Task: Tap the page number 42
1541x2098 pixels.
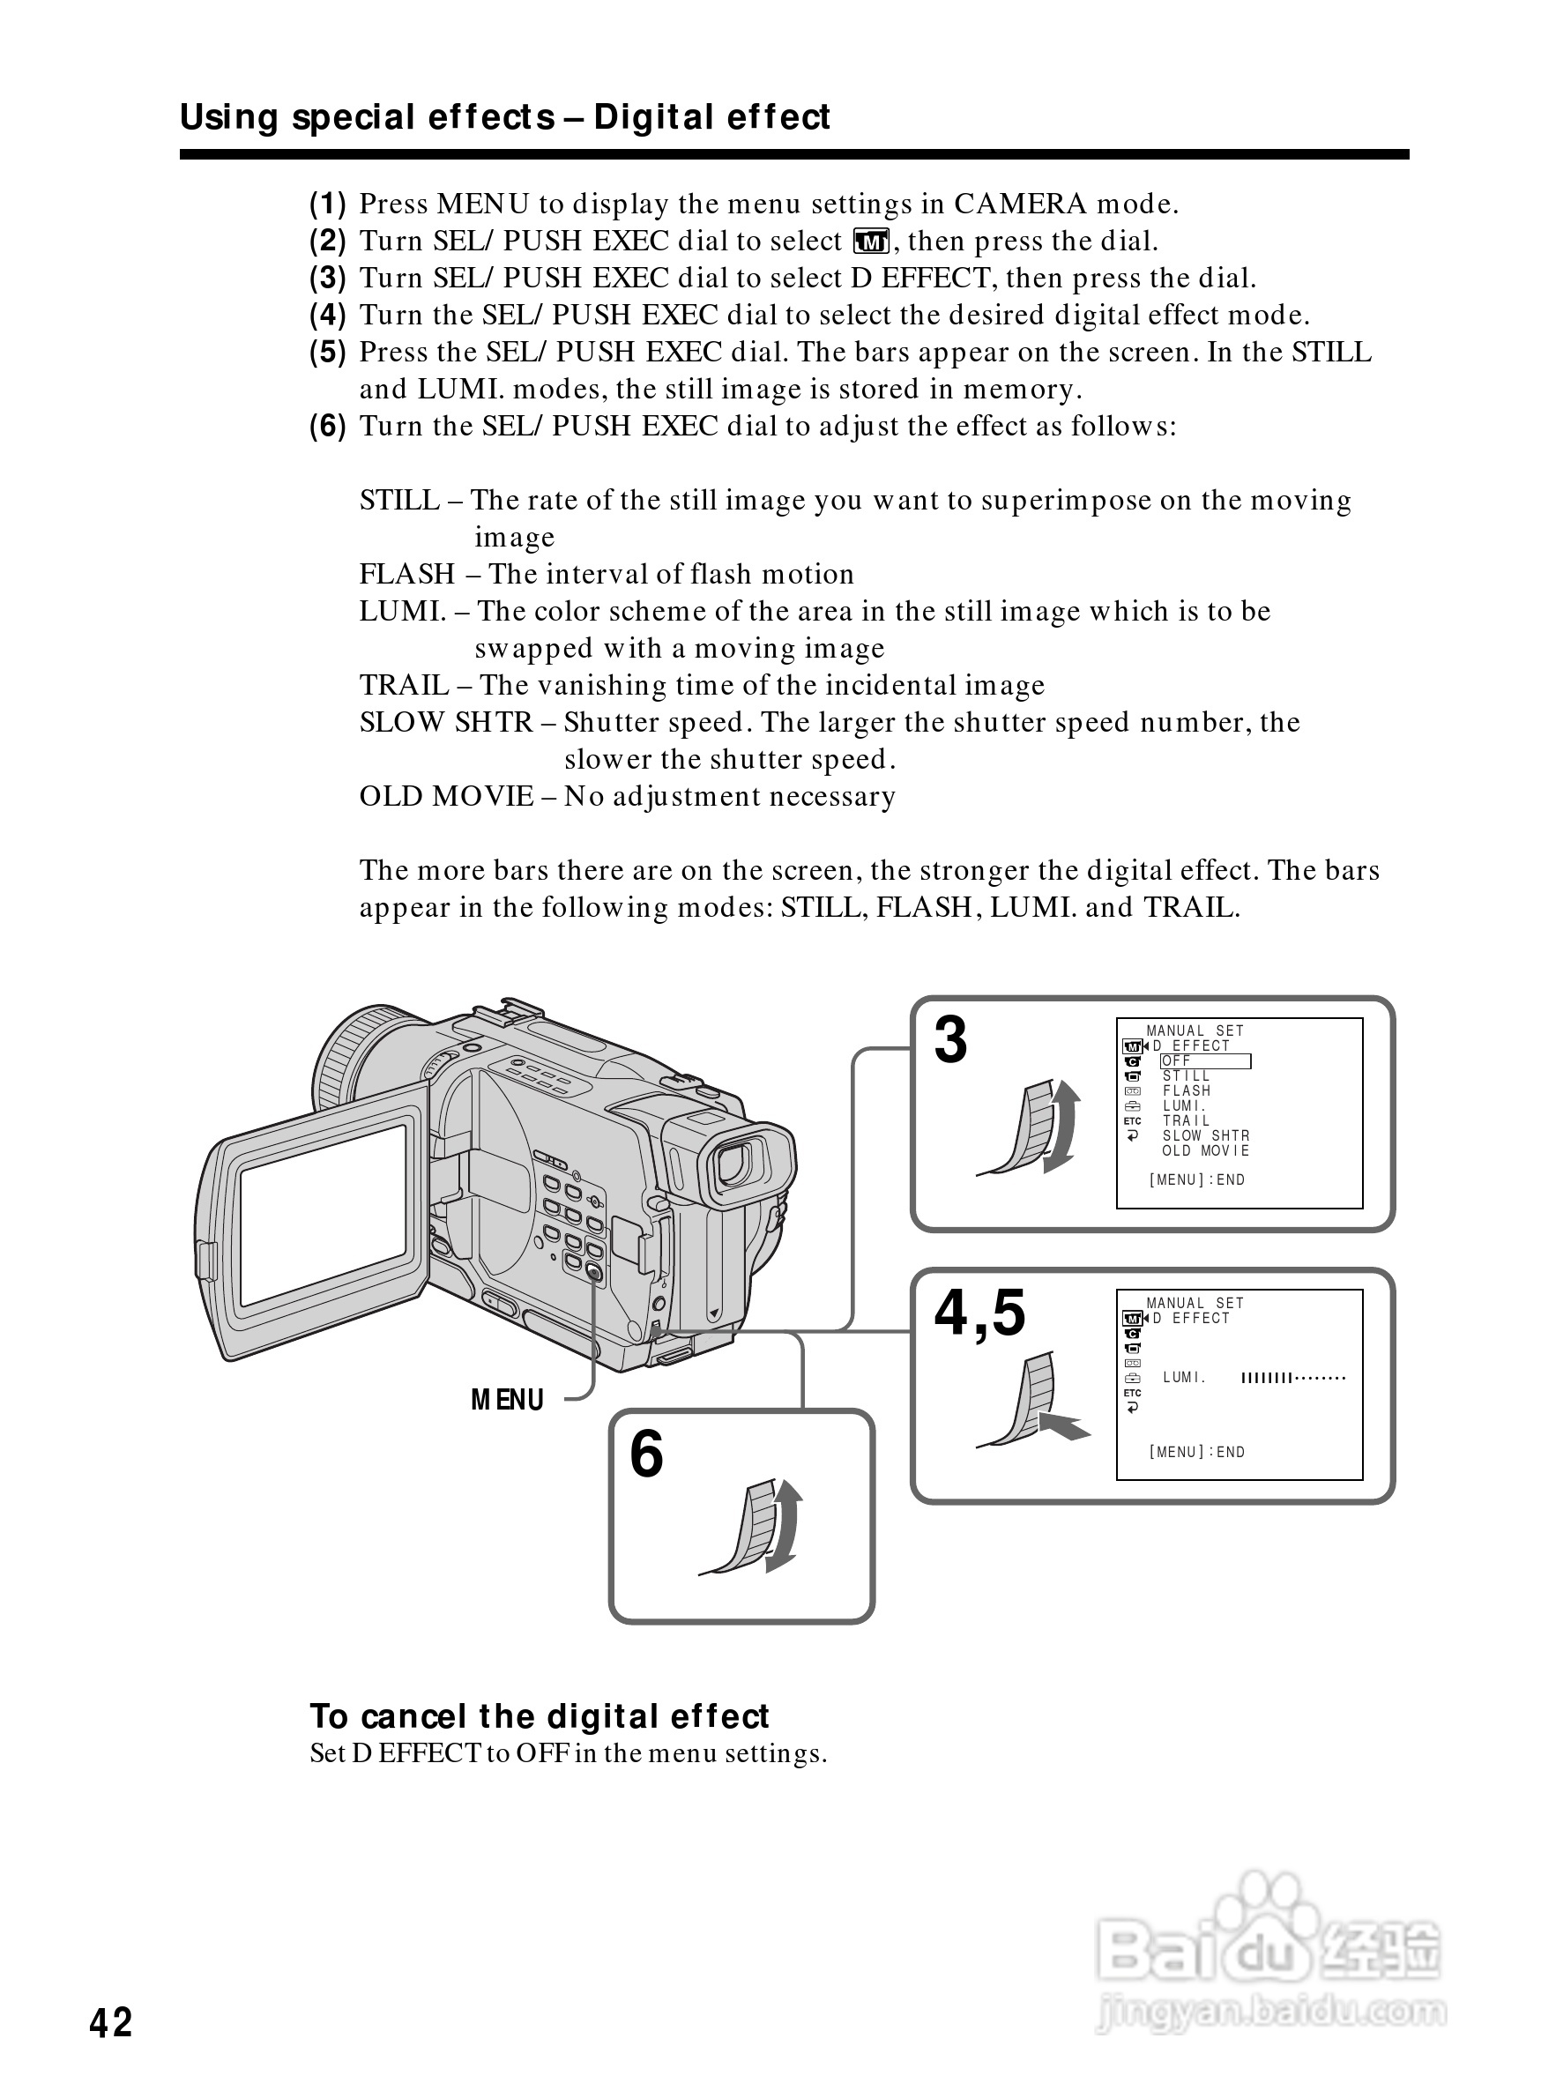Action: pos(111,2023)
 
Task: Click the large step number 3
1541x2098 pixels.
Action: pos(950,1039)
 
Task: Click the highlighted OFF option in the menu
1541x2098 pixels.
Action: pos(1205,1061)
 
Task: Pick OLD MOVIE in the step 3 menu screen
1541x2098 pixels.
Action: pos(1205,1151)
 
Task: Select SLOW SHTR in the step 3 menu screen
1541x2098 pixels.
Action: pos(1206,1136)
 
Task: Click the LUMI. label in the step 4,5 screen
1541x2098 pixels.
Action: pos(1185,1378)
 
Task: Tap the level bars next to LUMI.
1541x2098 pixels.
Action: pos(1294,1378)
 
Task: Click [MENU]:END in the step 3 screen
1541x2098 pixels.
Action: pos(1197,1180)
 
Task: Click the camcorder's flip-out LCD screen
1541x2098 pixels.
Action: pos(323,1216)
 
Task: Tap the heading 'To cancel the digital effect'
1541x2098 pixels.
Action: pos(540,1716)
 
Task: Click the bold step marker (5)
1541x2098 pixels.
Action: pos(327,353)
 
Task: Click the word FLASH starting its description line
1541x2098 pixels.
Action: pos(407,574)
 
